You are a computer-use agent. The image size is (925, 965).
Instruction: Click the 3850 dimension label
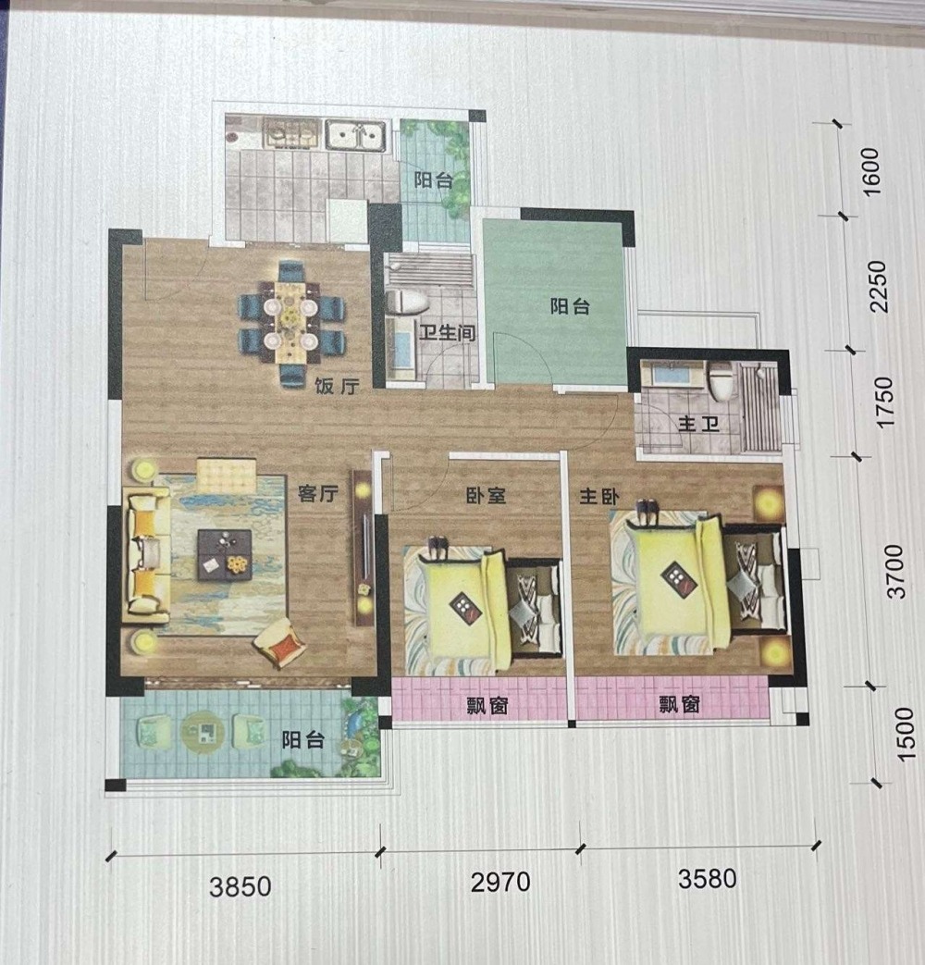point(240,886)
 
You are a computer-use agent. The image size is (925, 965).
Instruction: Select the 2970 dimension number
point(500,882)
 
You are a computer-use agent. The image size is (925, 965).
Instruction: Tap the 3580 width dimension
point(707,879)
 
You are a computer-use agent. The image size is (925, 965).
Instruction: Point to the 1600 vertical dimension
point(871,172)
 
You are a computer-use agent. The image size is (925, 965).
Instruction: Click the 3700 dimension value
point(896,571)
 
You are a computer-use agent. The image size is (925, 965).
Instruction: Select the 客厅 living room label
point(318,493)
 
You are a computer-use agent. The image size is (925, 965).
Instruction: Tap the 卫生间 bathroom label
point(448,333)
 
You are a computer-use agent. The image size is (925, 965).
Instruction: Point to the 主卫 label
point(698,424)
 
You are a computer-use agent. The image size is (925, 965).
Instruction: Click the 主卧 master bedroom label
point(598,496)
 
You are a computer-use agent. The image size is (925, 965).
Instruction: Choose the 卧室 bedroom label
point(487,495)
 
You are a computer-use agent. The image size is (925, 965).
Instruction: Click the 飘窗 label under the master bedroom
point(680,703)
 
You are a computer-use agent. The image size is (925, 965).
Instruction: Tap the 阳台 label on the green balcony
point(570,306)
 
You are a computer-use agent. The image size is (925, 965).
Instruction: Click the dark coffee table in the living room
point(225,555)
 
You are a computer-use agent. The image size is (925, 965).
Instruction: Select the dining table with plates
point(290,323)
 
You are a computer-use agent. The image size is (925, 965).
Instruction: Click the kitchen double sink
point(356,135)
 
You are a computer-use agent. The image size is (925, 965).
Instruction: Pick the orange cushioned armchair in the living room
point(280,643)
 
